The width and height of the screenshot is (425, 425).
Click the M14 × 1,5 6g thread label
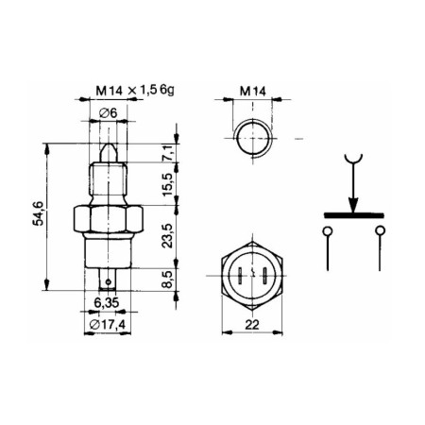click(135, 91)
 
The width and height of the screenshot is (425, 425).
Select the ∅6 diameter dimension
click(108, 112)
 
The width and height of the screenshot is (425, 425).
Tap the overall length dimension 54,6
click(38, 214)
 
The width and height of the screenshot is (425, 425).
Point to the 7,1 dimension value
click(168, 153)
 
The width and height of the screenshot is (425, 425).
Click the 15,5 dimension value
click(168, 184)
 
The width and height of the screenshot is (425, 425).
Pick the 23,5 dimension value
click(168, 236)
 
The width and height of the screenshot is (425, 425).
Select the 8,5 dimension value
click(168, 280)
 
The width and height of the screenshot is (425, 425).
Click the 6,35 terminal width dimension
click(107, 302)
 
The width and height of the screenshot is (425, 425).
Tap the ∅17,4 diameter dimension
click(108, 324)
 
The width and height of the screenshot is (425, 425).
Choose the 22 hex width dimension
click(252, 325)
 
